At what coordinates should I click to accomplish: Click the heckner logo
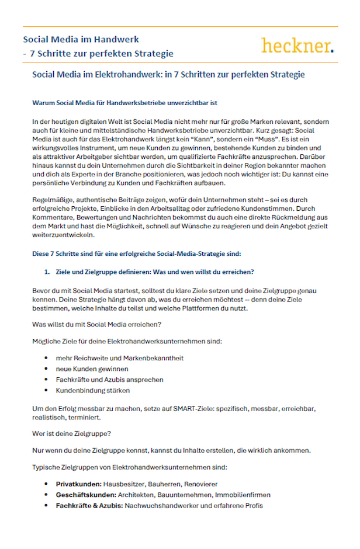pyautogui.click(x=297, y=45)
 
